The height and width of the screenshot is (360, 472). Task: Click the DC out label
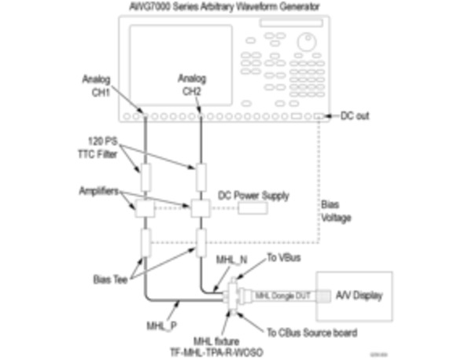(x=355, y=116)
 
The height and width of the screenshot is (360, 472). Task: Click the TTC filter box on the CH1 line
(x=145, y=175)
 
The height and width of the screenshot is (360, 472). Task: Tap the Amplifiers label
(x=101, y=191)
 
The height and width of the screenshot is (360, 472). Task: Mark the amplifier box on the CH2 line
(x=201, y=208)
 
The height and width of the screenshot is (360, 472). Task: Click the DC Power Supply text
(x=253, y=195)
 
